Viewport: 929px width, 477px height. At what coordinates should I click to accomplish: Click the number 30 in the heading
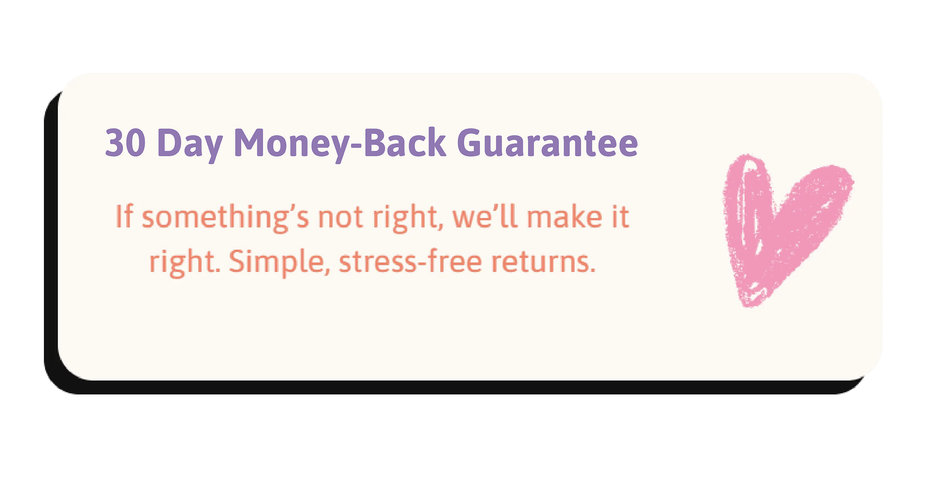coord(125,142)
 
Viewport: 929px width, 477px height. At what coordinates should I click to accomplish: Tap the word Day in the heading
coord(190,145)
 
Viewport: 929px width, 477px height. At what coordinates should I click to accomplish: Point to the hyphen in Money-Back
coord(356,146)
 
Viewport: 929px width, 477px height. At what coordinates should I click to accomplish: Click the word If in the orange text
coord(124,216)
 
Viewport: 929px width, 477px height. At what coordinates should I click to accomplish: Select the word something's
coord(225,219)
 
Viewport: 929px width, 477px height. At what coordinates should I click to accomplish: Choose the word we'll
coord(485,216)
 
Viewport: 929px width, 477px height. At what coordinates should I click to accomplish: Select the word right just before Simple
coord(184,263)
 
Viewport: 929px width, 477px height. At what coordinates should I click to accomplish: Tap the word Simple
coord(279,263)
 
